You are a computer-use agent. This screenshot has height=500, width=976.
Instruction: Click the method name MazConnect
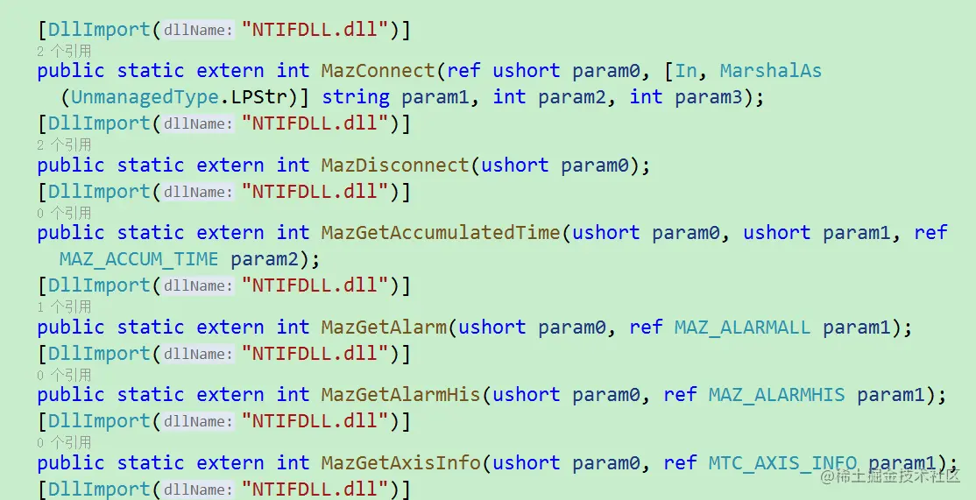pyautogui.click(x=378, y=71)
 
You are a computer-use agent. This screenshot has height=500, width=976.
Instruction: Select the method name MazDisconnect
pyautogui.click(x=395, y=165)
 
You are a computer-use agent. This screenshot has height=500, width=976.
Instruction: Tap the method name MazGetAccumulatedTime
pyautogui.click(x=440, y=233)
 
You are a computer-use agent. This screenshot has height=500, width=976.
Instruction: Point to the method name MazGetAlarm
pyautogui.click(x=384, y=327)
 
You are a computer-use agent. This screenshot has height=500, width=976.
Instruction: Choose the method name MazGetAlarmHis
pyautogui.click(x=400, y=395)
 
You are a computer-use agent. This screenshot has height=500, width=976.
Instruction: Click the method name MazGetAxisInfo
pyautogui.click(x=400, y=462)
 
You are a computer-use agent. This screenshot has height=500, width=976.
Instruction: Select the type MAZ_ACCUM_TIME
pyautogui.click(x=138, y=259)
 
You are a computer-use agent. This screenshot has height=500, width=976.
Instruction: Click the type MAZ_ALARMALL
pyautogui.click(x=742, y=327)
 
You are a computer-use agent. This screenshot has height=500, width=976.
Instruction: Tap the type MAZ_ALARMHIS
pyautogui.click(x=776, y=395)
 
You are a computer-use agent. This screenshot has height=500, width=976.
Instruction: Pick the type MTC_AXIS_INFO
pyautogui.click(x=782, y=462)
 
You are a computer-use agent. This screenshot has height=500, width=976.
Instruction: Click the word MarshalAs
pyautogui.click(x=770, y=71)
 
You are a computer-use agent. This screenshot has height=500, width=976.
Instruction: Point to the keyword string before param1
pyautogui.click(x=356, y=96)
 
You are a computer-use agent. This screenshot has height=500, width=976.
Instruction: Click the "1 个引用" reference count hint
pyautogui.click(x=64, y=306)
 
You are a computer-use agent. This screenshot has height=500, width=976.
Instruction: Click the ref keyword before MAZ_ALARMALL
pyautogui.click(x=646, y=327)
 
